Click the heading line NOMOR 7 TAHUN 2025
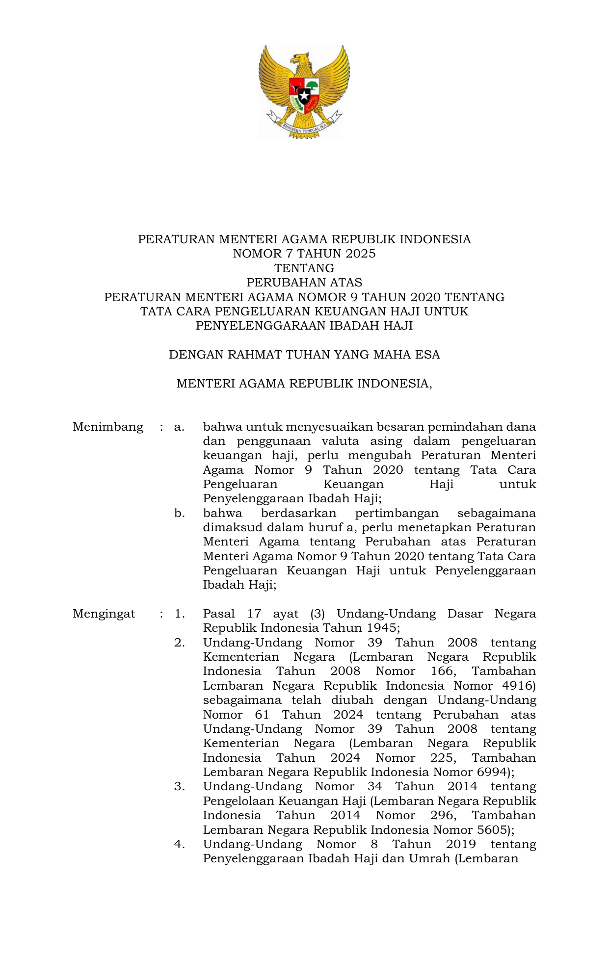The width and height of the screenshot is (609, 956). click(304, 254)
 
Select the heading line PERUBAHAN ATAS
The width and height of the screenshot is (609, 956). click(304, 283)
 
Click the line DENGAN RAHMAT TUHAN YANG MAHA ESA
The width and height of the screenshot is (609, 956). click(304, 355)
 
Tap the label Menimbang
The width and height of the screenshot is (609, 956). click(108, 427)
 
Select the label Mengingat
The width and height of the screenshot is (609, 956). click(104, 614)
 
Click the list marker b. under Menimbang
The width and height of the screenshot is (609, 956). click(180, 514)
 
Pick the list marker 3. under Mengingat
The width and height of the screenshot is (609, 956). click(180, 787)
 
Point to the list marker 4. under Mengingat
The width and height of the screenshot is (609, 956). click(180, 844)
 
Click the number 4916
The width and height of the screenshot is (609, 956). click(519, 686)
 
